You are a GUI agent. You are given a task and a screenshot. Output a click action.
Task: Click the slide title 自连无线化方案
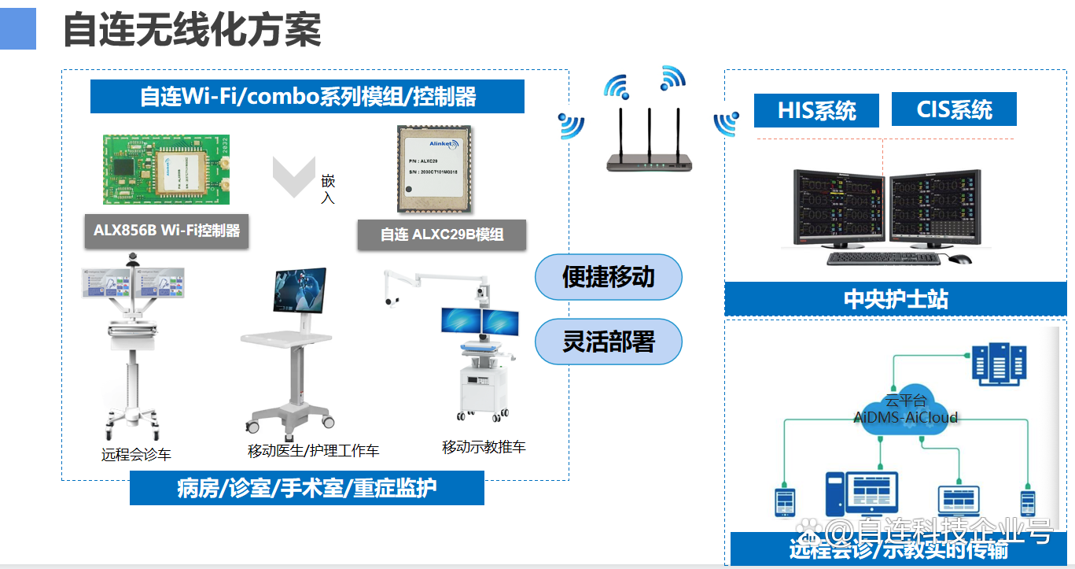192,31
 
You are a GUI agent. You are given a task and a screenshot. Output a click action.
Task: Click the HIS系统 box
815,110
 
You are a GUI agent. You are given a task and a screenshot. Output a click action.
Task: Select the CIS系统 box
953,109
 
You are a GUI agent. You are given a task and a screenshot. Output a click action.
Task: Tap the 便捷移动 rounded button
608,277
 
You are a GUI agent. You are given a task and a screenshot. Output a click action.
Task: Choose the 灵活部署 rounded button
608,342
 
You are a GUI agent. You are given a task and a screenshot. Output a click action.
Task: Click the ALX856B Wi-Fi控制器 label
167,231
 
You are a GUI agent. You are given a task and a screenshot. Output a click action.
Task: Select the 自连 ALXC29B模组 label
441,234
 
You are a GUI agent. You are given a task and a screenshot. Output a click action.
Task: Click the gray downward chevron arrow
293,177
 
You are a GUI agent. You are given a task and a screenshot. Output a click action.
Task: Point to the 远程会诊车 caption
136,454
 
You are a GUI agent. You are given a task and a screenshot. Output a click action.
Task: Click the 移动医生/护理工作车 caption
313,451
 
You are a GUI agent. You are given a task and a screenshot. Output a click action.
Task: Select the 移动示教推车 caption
484,447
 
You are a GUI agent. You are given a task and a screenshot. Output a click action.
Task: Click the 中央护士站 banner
895,300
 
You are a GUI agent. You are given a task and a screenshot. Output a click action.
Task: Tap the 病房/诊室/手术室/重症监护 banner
307,488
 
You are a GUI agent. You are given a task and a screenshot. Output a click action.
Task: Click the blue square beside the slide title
17,29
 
